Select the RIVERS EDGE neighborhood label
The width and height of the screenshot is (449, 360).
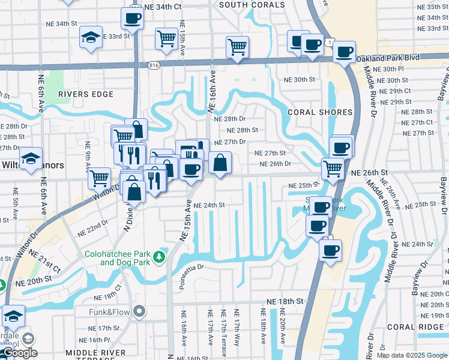point(86,94)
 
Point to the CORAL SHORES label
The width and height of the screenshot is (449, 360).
point(319,112)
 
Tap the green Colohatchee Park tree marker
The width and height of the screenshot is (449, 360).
point(159,257)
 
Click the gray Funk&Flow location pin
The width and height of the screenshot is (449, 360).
point(140,310)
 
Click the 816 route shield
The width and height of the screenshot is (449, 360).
point(154,65)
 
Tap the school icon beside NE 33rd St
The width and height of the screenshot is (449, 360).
point(91,37)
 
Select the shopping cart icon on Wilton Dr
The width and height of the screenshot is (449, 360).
point(99,177)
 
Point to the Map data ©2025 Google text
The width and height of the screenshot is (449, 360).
point(412,355)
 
